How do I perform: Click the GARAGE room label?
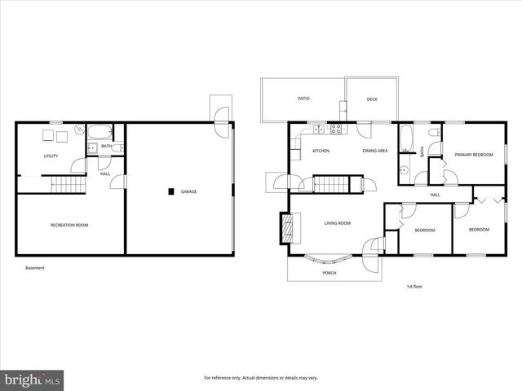click(x=188, y=192)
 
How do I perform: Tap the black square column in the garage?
click(x=170, y=192)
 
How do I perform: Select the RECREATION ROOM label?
click(x=69, y=225)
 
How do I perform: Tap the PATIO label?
click(x=303, y=99)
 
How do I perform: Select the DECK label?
click(x=372, y=99)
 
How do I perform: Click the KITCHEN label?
click(x=321, y=152)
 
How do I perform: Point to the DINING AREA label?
click(x=375, y=152)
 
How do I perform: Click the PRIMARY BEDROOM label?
click(x=474, y=155)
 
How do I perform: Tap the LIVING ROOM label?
click(x=337, y=223)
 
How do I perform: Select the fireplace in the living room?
click(x=285, y=229)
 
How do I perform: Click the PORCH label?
click(x=330, y=273)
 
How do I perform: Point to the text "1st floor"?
click(x=414, y=287)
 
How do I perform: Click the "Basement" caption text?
click(x=34, y=268)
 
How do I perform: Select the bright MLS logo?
click(x=33, y=380)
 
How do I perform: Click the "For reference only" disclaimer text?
click(x=260, y=378)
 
